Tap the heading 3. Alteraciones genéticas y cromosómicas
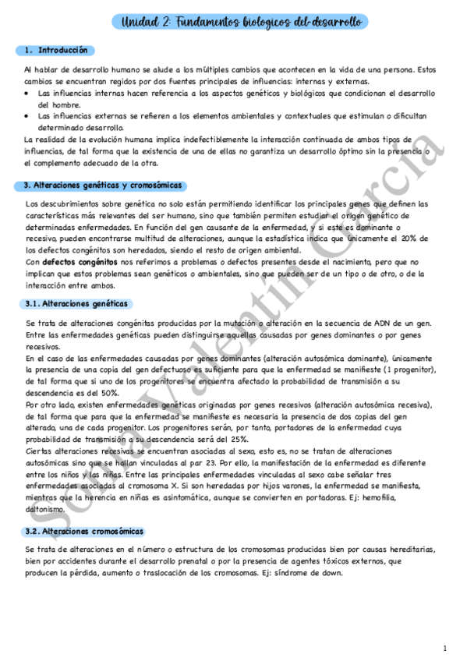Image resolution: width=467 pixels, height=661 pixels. coord(102,186)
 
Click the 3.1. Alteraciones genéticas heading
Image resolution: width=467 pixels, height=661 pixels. coord(76,303)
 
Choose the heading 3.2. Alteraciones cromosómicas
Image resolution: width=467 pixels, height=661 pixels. coord(83,531)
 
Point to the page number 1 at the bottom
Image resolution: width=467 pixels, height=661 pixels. coord(444,649)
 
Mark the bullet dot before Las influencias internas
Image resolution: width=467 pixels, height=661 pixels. coord(27,93)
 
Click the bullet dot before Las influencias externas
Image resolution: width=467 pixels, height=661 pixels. coord(27,115)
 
